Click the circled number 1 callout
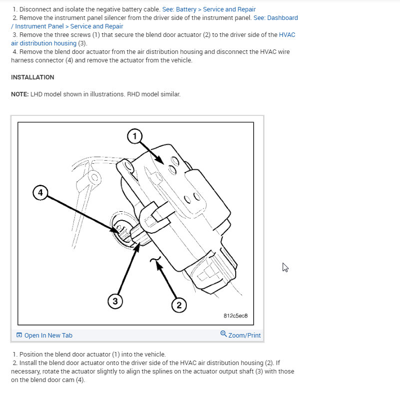click(x=134, y=135)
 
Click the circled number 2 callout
click(x=179, y=305)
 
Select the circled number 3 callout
click(x=115, y=301)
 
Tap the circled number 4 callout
click(x=40, y=192)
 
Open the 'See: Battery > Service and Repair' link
click(x=209, y=9)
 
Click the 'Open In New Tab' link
click(x=48, y=335)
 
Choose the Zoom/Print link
click(x=244, y=335)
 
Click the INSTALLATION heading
click(x=32, y=77)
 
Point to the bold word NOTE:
click(x=20, y=94)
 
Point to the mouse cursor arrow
click(x=285, y=267)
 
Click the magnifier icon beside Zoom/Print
click(x=224, y=334)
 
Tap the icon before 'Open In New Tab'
click(x=19, y=335)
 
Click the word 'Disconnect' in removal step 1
click(x=35, y=9)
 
